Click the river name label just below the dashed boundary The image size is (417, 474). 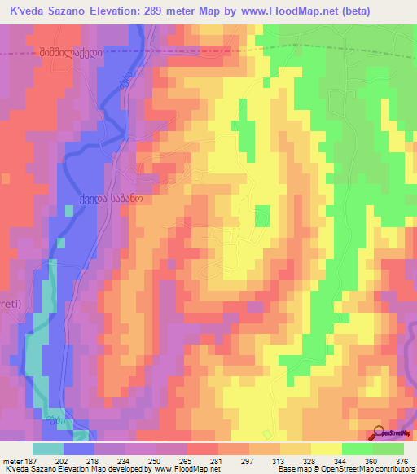[x=125, y=81]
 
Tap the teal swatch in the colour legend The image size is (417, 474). [x=48, y=449]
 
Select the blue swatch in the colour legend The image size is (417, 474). [x=79, y=449]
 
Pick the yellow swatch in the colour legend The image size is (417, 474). [x=327, y=449]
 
